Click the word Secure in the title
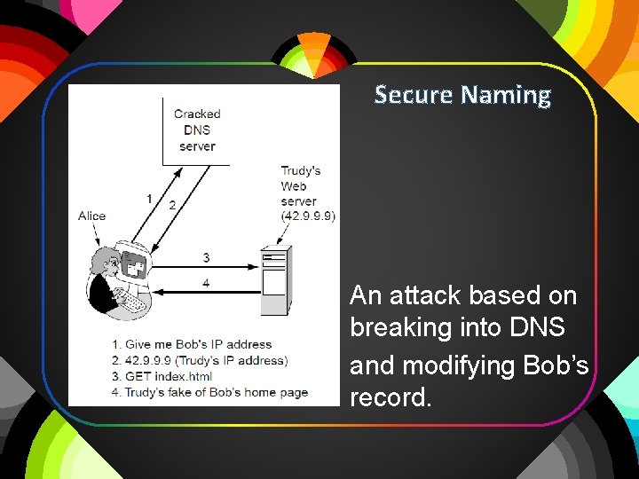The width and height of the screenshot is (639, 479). tap(412, 94)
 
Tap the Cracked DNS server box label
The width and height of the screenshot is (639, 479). tap(196, 130)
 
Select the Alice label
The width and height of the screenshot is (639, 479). tap(91, 216)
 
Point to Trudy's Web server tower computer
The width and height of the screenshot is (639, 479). tap(275, 282)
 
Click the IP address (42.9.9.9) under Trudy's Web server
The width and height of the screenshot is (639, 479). tap(308, 216)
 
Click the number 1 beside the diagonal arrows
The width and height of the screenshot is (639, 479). tap(149, 197)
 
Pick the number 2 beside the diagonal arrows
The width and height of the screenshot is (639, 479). tap(171, 204)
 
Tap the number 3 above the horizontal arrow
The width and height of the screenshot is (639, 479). tap(206, 257)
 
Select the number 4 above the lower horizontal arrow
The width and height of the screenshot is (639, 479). tap(206, 282)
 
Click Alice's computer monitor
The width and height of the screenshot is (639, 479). tap(136, 265)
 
